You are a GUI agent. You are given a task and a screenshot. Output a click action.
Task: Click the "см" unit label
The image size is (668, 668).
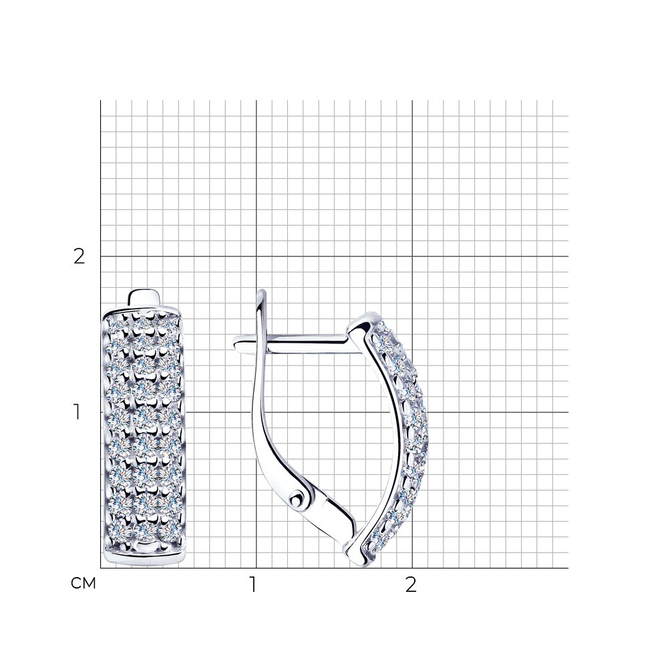point(83,583)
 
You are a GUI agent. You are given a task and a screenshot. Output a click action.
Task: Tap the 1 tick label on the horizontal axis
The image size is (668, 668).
point(253,584)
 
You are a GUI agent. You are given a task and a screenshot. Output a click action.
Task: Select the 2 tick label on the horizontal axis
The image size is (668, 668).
point(410,584)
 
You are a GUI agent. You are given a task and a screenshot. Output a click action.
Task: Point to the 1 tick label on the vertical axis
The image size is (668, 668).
point(77,412)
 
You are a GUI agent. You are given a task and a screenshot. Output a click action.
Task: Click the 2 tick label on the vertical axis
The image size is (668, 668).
point(79,256)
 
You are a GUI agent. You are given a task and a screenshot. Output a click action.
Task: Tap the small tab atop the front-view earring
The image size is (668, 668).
point(145,297)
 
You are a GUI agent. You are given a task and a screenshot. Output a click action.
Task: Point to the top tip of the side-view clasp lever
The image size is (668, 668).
point(262,291)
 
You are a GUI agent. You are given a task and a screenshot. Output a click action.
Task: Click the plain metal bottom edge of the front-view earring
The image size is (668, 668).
point(145,558)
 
